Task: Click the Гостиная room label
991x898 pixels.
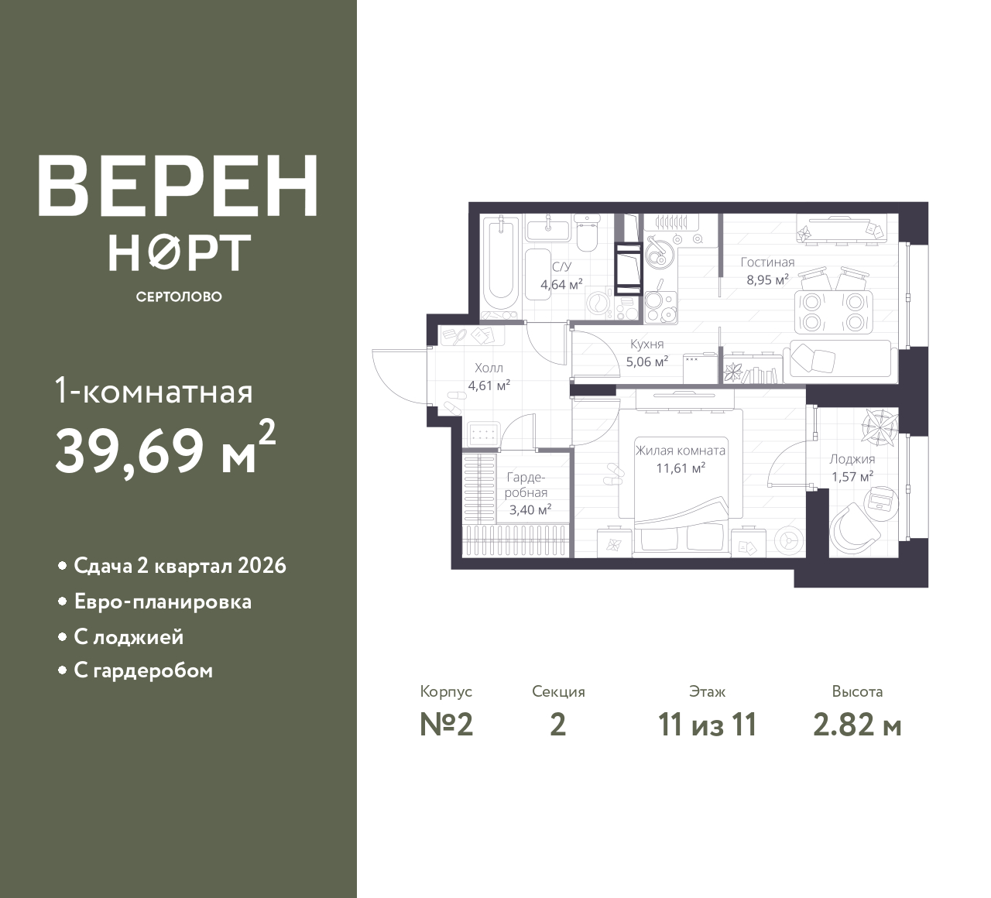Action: tap(766, 262)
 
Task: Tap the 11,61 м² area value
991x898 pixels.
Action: tap(680, 468)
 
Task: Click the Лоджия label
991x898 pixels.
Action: tap(852, 459)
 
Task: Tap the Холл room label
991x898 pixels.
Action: tap(489, 368)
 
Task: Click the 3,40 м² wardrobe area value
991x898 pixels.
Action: tap(530, 509)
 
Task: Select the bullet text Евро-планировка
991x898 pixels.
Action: tap(163, 602)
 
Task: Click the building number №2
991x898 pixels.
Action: tap(446, 725)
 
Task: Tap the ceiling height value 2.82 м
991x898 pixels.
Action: tap(857, 725)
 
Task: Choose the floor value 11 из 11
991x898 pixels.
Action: tap(707, 725)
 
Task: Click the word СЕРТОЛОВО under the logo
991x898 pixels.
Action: tap(179, 296)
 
